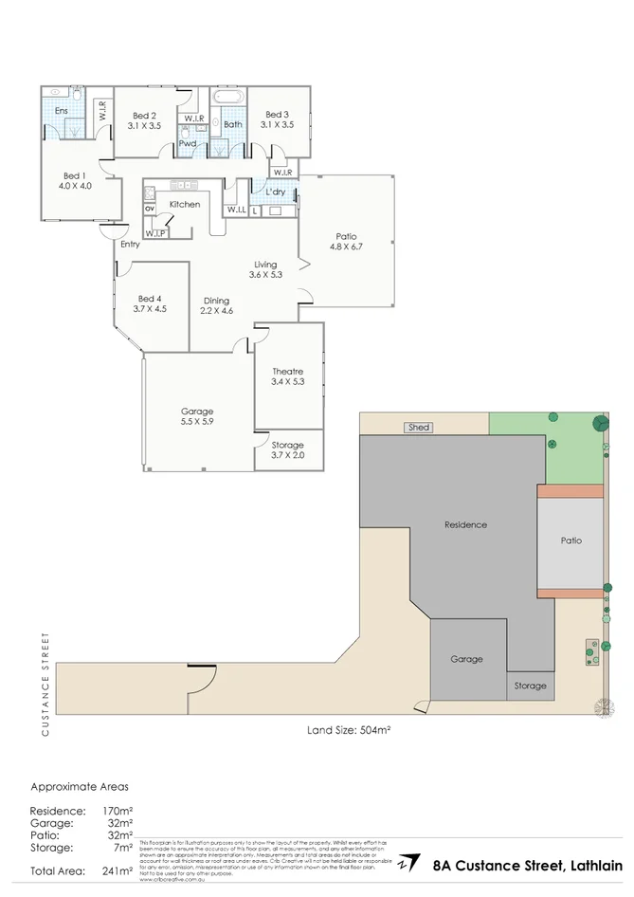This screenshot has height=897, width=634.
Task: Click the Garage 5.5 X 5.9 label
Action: tap(197, 417)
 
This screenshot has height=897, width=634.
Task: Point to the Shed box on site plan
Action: tap(418, 428)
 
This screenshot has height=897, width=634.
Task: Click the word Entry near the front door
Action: tap(130, 245)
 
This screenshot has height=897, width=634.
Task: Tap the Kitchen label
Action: tap(184, 204)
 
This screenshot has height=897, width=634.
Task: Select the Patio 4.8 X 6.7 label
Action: tap(346, 242)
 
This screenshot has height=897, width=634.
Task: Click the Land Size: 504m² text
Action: tap(349, 730)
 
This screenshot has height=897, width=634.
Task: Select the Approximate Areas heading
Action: tap(80, 787)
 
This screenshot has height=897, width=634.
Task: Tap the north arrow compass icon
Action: tap(408, 863)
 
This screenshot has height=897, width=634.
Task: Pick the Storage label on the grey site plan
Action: tap(530, 686)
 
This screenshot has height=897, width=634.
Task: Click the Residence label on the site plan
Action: tap(465, 524)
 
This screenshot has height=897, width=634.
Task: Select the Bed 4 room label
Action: tap(152, 302)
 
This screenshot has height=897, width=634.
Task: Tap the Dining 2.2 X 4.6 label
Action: tap(216, 305)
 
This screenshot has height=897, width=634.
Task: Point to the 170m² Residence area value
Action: tap(118, 811)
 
